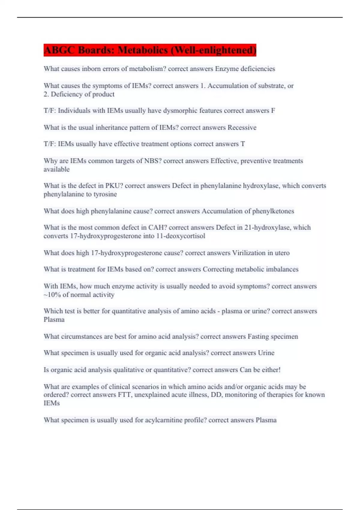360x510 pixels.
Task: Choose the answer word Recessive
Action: (242, 127)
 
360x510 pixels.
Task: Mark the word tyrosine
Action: (105, 194)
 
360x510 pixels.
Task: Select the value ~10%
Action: (52, 295)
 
